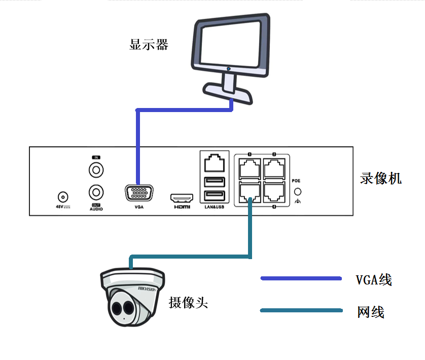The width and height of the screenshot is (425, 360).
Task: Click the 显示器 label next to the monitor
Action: pos(148,45)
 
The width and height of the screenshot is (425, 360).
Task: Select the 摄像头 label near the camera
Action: pos(188,303)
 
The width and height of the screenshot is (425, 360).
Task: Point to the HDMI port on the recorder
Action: pos(182,198)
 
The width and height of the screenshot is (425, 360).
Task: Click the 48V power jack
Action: pos(63,197)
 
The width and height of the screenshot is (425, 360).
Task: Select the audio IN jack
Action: pos(96,169)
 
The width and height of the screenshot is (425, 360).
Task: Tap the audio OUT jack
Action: pos(96,192)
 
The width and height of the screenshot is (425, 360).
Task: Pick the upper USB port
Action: pos(214,182)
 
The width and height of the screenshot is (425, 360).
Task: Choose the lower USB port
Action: pos(214,196)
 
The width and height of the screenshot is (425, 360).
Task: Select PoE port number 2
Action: pos(274,167)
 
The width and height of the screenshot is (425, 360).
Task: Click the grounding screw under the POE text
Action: pos(298,192)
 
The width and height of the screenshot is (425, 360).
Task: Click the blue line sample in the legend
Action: pos(301,278)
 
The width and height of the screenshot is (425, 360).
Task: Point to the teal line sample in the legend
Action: pos(301,310)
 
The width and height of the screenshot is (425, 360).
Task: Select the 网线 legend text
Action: pos(370,312)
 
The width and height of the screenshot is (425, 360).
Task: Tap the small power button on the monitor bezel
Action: pos(229,68)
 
